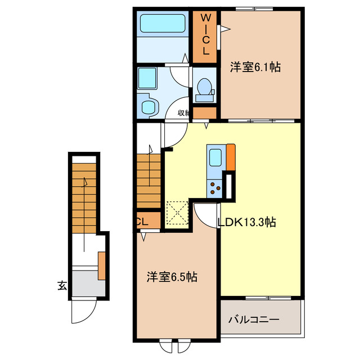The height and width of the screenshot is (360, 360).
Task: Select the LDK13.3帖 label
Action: click(246, 222)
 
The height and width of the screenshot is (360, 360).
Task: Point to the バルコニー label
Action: click(254, 320)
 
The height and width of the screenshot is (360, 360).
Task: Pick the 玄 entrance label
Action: click(62, 286)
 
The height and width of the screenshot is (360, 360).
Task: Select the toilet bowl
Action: click(205, 87)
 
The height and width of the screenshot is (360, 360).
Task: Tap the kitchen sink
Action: click(215, 157)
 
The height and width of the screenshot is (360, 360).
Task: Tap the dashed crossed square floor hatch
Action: click(177, 213)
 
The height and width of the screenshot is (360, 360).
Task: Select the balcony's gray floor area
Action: click(260, 319)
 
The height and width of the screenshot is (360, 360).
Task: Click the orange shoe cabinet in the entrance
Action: click(102, 265)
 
